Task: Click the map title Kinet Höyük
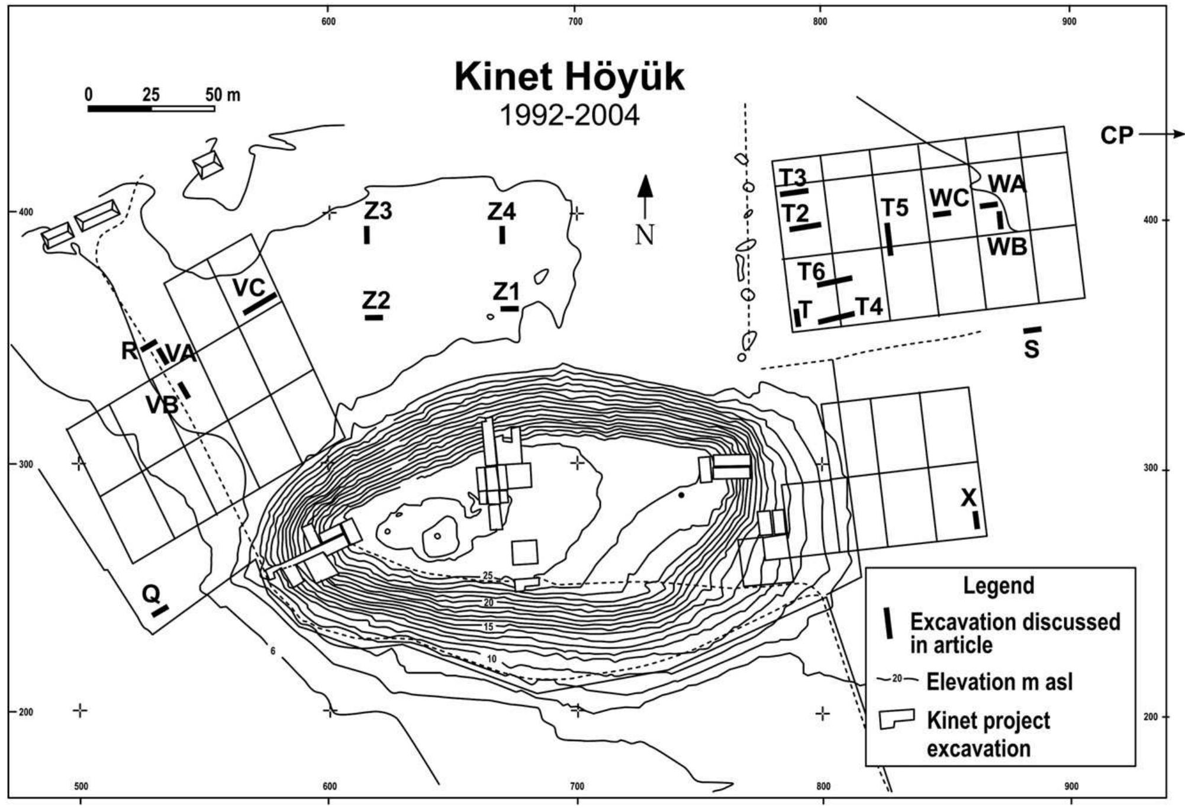pos(569,77)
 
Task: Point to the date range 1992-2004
pos(569,115)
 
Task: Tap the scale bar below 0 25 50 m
pos(151,108)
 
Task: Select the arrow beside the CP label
pos(1161,135)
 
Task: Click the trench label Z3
pos(378,211)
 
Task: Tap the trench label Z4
pos(501,211)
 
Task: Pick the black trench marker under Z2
pos(374,317)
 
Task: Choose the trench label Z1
pos(506,291)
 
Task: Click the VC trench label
pos(249,288)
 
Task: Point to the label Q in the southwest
pos(152,593)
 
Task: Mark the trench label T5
pos(894,208)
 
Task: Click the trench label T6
pos(811,272)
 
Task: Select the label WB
pos(1007,247)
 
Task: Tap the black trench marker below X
pos(975,520)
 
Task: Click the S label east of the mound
pos(1031,349)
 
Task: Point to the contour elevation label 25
pos(488,575)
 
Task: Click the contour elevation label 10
pos(492,659)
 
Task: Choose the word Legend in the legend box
pos(999,585)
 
